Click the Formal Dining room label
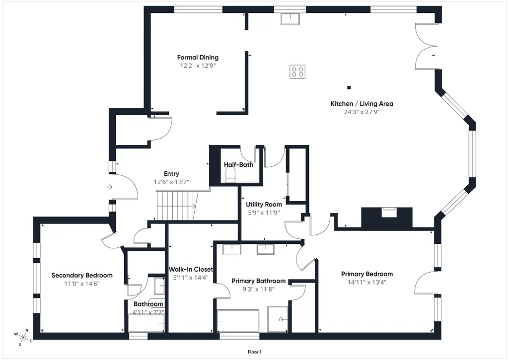coord(198,58)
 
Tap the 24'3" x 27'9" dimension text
coord(362,112)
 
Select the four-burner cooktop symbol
coord(297,72)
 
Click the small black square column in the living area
coord(349,87)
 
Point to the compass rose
coord(23,337)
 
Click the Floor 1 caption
coord(254,352)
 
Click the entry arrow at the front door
coord(109,187)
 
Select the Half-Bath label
coord(238,164)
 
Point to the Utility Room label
coord(264,205)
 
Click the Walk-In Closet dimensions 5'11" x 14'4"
coord(191,278)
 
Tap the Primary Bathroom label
coord(258,281)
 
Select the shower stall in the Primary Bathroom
coord(278,319)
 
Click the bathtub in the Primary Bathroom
coord(238,321)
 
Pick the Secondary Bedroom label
coord(82,275)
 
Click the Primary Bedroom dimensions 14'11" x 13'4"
coord(367,282)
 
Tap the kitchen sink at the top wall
coord(291,19)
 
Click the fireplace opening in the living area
coord(388,212)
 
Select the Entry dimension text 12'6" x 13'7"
coord(171,182)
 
